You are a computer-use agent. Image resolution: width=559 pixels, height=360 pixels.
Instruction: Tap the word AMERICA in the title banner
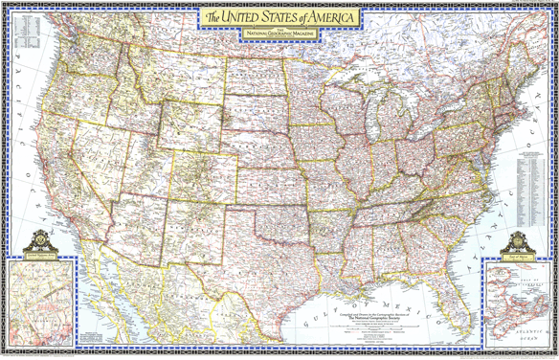(x=329, y=18)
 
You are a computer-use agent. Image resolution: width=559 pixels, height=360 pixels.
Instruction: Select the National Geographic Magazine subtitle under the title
(x=279, y=34)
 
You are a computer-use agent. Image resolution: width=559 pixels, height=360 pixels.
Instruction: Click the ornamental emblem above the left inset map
(x=40, y=240)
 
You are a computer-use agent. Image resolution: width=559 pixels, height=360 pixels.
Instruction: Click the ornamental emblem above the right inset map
(x=518, y=240)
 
